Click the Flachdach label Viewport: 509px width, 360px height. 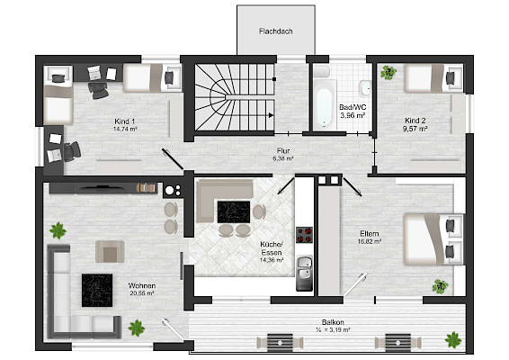[x=276, y=31]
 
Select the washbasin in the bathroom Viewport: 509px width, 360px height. [x=365, y=88]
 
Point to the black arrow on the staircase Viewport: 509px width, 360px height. [x=271, y=115]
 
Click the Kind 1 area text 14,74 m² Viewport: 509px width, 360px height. [x=125, y=129]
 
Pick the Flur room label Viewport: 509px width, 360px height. [x=283, y=151]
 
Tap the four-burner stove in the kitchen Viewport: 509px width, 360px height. [x=304, y=235]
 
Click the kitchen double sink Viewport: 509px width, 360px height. [x=304, y=268]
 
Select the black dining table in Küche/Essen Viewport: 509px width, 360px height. [x=234, y=211]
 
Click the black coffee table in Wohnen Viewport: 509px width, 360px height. [x=97, y=291]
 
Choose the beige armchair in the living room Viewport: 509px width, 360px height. [x=110, y=252]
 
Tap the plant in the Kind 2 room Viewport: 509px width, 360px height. [x=388, y=72]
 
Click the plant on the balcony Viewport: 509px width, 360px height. [x=453, y=340]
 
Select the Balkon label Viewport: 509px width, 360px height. [x=333, y=322]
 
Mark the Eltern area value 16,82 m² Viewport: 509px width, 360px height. [x=370, y=241]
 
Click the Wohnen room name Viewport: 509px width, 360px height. [x=142, y=286]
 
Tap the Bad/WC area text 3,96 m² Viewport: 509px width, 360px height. [x=353, y=115]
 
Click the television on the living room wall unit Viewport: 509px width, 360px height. [x=103, y=187]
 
